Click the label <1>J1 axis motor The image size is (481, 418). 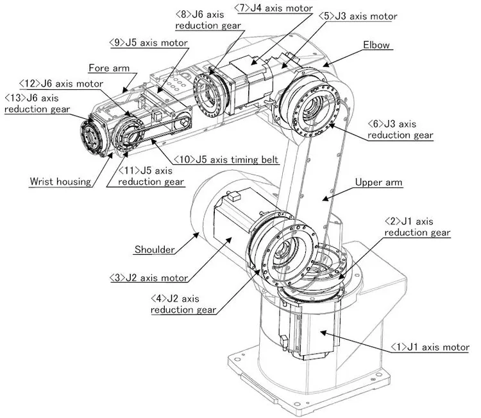pyautogui.click(x=430, y=347)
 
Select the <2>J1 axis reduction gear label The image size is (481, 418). pyautogui.click(x=417, y=227)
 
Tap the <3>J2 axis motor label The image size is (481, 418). pyautogui.click(x=148, y=278)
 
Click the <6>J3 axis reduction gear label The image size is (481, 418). pyautogui.click(x=400, y=129)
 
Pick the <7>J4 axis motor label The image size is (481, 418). pyautogui.click(x=273, y=8)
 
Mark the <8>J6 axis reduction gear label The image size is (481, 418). pyautogui.click(x=207, y=19)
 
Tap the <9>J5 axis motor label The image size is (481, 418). pyautogui.click(x=148, y=43)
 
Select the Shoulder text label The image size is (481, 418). pyautogui.click(x=154, y=250)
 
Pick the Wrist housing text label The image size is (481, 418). pyautogui.click(x=60, y=181)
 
